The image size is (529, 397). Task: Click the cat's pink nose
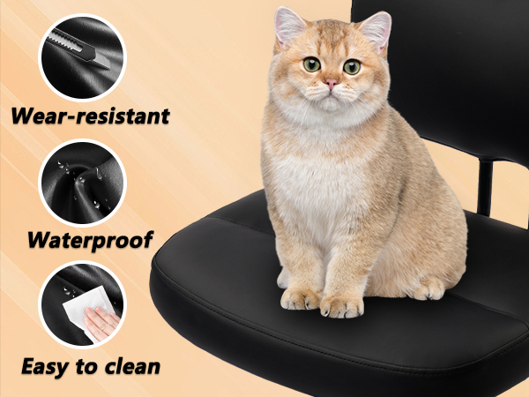[331, 84]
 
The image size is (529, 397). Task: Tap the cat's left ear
[376, 30]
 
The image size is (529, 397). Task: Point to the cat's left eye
[352, 67]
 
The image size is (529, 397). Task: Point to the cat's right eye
[311, 64]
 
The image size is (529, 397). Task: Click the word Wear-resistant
[90, 116]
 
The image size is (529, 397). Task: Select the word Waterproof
[90, 240]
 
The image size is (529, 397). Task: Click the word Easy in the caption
[45, 367]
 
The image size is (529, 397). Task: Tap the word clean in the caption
[132, 367]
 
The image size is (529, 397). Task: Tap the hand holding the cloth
[101, 322]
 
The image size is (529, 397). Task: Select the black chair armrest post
[485, 188]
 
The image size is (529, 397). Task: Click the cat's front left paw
[341, 306]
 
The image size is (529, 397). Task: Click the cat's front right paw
[301, 298]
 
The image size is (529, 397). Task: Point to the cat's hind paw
[428, 289]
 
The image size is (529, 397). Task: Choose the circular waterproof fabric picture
[82, 183]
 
